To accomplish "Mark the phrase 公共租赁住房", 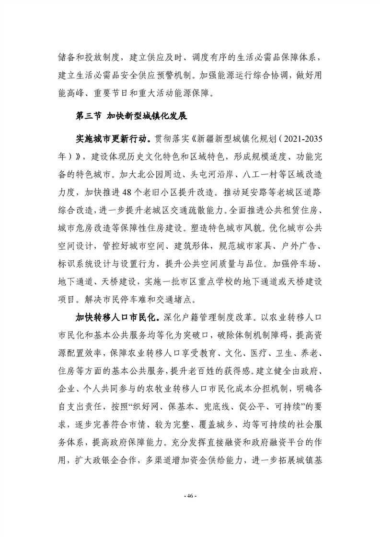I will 294,211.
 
